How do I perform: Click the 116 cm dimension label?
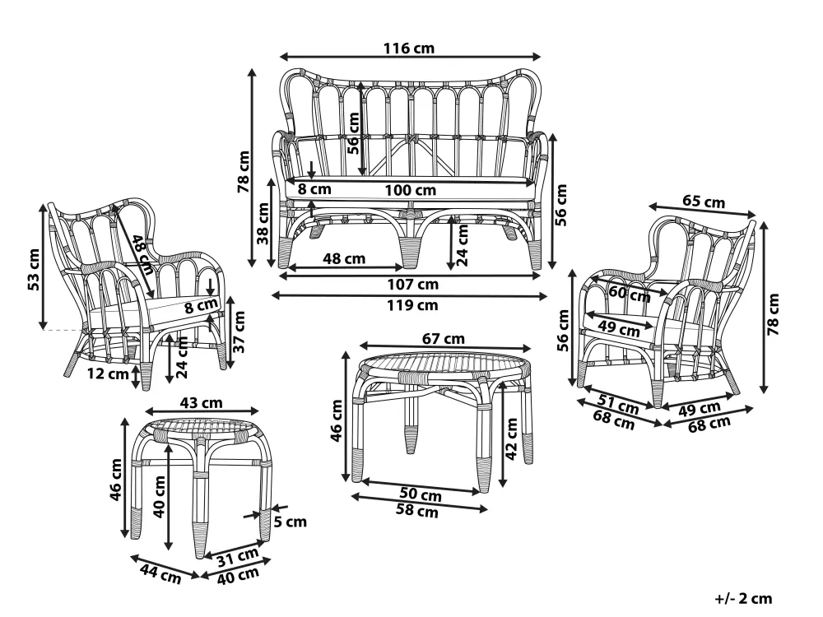coord(409,48)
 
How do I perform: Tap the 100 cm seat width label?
coord(409,190)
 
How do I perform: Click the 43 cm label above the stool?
coord(201,402)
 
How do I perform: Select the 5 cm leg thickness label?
coord(291,522)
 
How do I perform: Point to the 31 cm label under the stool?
coord(232,559)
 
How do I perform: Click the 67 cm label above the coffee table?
coord(444,338)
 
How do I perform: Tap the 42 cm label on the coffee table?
coord(511,442)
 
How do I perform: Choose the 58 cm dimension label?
coord(417,512)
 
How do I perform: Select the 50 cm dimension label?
coord(420,495)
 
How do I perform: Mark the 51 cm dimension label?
coord(617,406)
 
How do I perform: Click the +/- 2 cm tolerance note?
coord(745,599)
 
